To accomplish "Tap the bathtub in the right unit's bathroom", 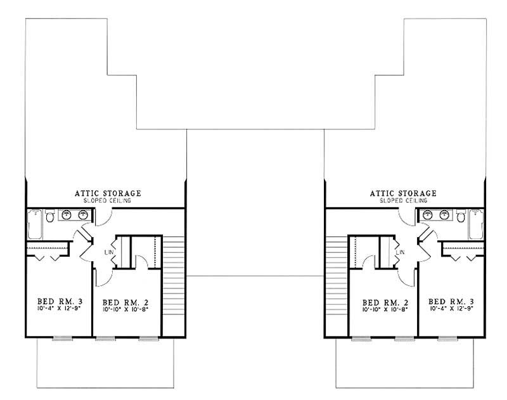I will click(x=476, y=224).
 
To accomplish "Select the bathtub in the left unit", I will click(x=34, y=224).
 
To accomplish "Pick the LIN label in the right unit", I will click(x=401, y=252).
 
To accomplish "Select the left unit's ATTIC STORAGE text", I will click(x=107, y=193).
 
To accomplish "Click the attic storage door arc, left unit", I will click(x=103, y=216).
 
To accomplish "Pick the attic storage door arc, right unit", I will click(x=406, y=216).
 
